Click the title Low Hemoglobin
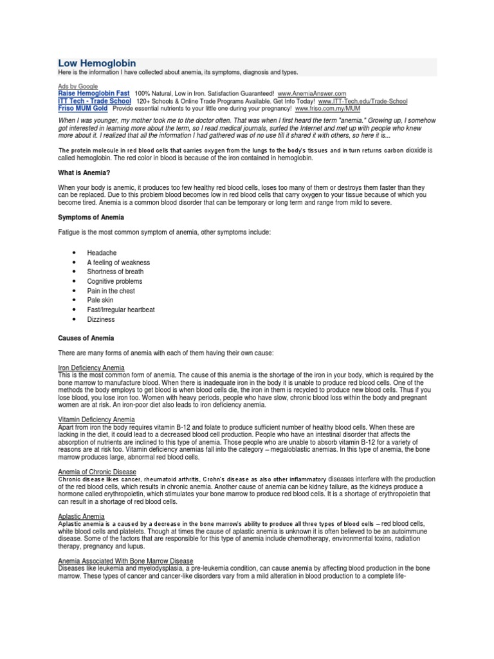97,63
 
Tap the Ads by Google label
78,86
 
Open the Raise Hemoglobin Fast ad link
94,93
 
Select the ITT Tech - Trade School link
95,101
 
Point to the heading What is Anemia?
84,173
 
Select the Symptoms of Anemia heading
91,218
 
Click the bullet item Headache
102,253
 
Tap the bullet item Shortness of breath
115,272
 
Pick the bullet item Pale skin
100,300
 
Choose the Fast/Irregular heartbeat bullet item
121,310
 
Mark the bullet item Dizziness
102,319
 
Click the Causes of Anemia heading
86,338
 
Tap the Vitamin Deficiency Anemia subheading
96,420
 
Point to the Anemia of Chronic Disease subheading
97,472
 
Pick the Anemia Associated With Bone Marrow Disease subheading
125,561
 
